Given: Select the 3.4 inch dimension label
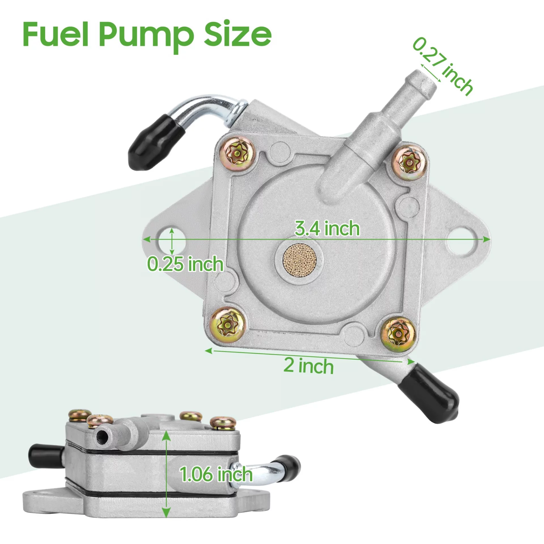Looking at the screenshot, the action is (x=327, y=228).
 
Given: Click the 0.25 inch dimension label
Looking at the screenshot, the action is (x=185, y=263).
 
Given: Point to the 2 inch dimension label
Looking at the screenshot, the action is (x=309, y=366).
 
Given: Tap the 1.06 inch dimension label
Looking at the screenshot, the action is (x=216, y=474).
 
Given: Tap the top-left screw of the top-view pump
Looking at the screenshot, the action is (x=237, y=154).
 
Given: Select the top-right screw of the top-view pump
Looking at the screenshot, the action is (x=409, y=162).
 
